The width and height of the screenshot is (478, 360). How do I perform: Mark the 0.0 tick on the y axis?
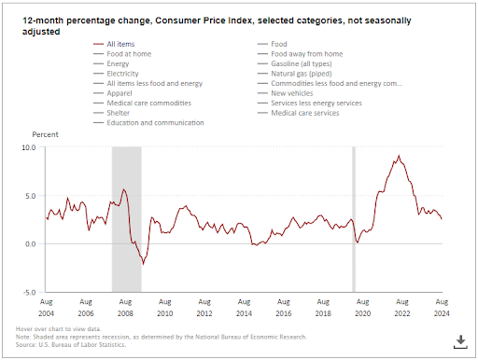29,244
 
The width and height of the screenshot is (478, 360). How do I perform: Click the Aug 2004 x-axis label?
46,308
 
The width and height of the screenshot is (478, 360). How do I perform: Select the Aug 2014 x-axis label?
244,308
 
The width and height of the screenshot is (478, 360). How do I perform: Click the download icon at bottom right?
459,341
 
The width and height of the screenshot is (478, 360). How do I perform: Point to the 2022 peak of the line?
399,156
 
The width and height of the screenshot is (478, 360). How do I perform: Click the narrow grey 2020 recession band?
354,219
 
